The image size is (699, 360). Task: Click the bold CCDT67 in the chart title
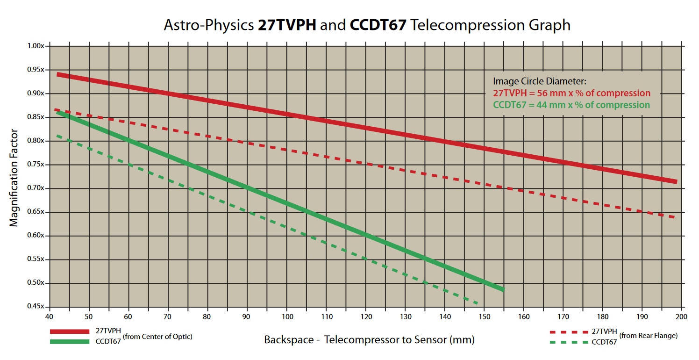(378, 25)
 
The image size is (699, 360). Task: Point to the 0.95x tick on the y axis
(36, 70)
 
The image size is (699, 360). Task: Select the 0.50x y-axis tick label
(36, 283)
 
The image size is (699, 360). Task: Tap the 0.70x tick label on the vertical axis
(36, 188)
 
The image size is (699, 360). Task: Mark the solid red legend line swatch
(69, 331)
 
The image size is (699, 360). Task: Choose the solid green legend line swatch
(69, 342)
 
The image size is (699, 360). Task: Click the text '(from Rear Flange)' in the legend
(648, 336)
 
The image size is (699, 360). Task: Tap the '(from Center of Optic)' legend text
(157, 337)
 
